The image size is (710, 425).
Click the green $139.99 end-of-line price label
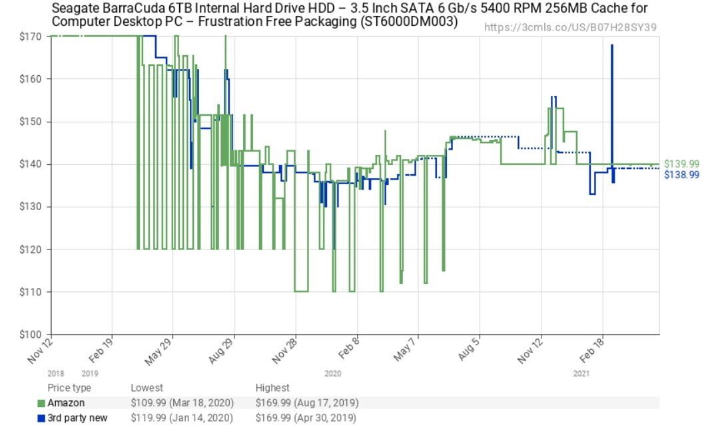coord(681,164)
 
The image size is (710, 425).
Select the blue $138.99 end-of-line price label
coord(681,174)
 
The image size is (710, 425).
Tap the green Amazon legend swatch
coord(41,403)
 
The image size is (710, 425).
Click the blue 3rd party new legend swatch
coord(41,418)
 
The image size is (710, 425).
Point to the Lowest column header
coord(147,388)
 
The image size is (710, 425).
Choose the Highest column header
coord(272,388)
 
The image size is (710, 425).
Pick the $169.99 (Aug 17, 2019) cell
coord(307,403)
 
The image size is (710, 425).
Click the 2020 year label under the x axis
coord(332,374)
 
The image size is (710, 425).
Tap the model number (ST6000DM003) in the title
coord(402,22)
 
